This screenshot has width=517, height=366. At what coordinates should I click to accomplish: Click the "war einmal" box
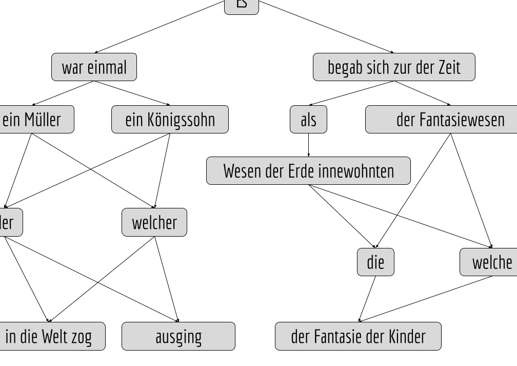click(94, 67)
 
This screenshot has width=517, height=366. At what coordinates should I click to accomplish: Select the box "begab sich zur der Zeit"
click(394, 67)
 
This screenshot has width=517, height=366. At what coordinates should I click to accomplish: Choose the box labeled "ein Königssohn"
click(170, 120)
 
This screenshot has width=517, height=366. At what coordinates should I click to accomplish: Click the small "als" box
click(308, 120)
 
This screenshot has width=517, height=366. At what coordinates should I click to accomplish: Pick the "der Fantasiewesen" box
click(442, 120)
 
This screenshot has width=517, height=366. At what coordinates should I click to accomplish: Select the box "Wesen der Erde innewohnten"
click(308, 171)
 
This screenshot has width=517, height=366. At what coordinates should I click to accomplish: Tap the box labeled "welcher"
click(154, 222)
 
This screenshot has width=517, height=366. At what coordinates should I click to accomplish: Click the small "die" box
click(375, 262)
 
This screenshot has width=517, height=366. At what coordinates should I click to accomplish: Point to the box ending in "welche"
click(489, 262)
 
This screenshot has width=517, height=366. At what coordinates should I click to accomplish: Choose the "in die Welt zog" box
click(50, 336)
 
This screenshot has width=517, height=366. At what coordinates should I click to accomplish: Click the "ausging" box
click(178, 336)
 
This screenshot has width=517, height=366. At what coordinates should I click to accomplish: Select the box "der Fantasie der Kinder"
click(358, 336)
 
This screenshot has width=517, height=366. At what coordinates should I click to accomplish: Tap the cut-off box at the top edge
click(242, 6)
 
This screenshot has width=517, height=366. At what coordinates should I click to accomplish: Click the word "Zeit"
click(449, 67)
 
